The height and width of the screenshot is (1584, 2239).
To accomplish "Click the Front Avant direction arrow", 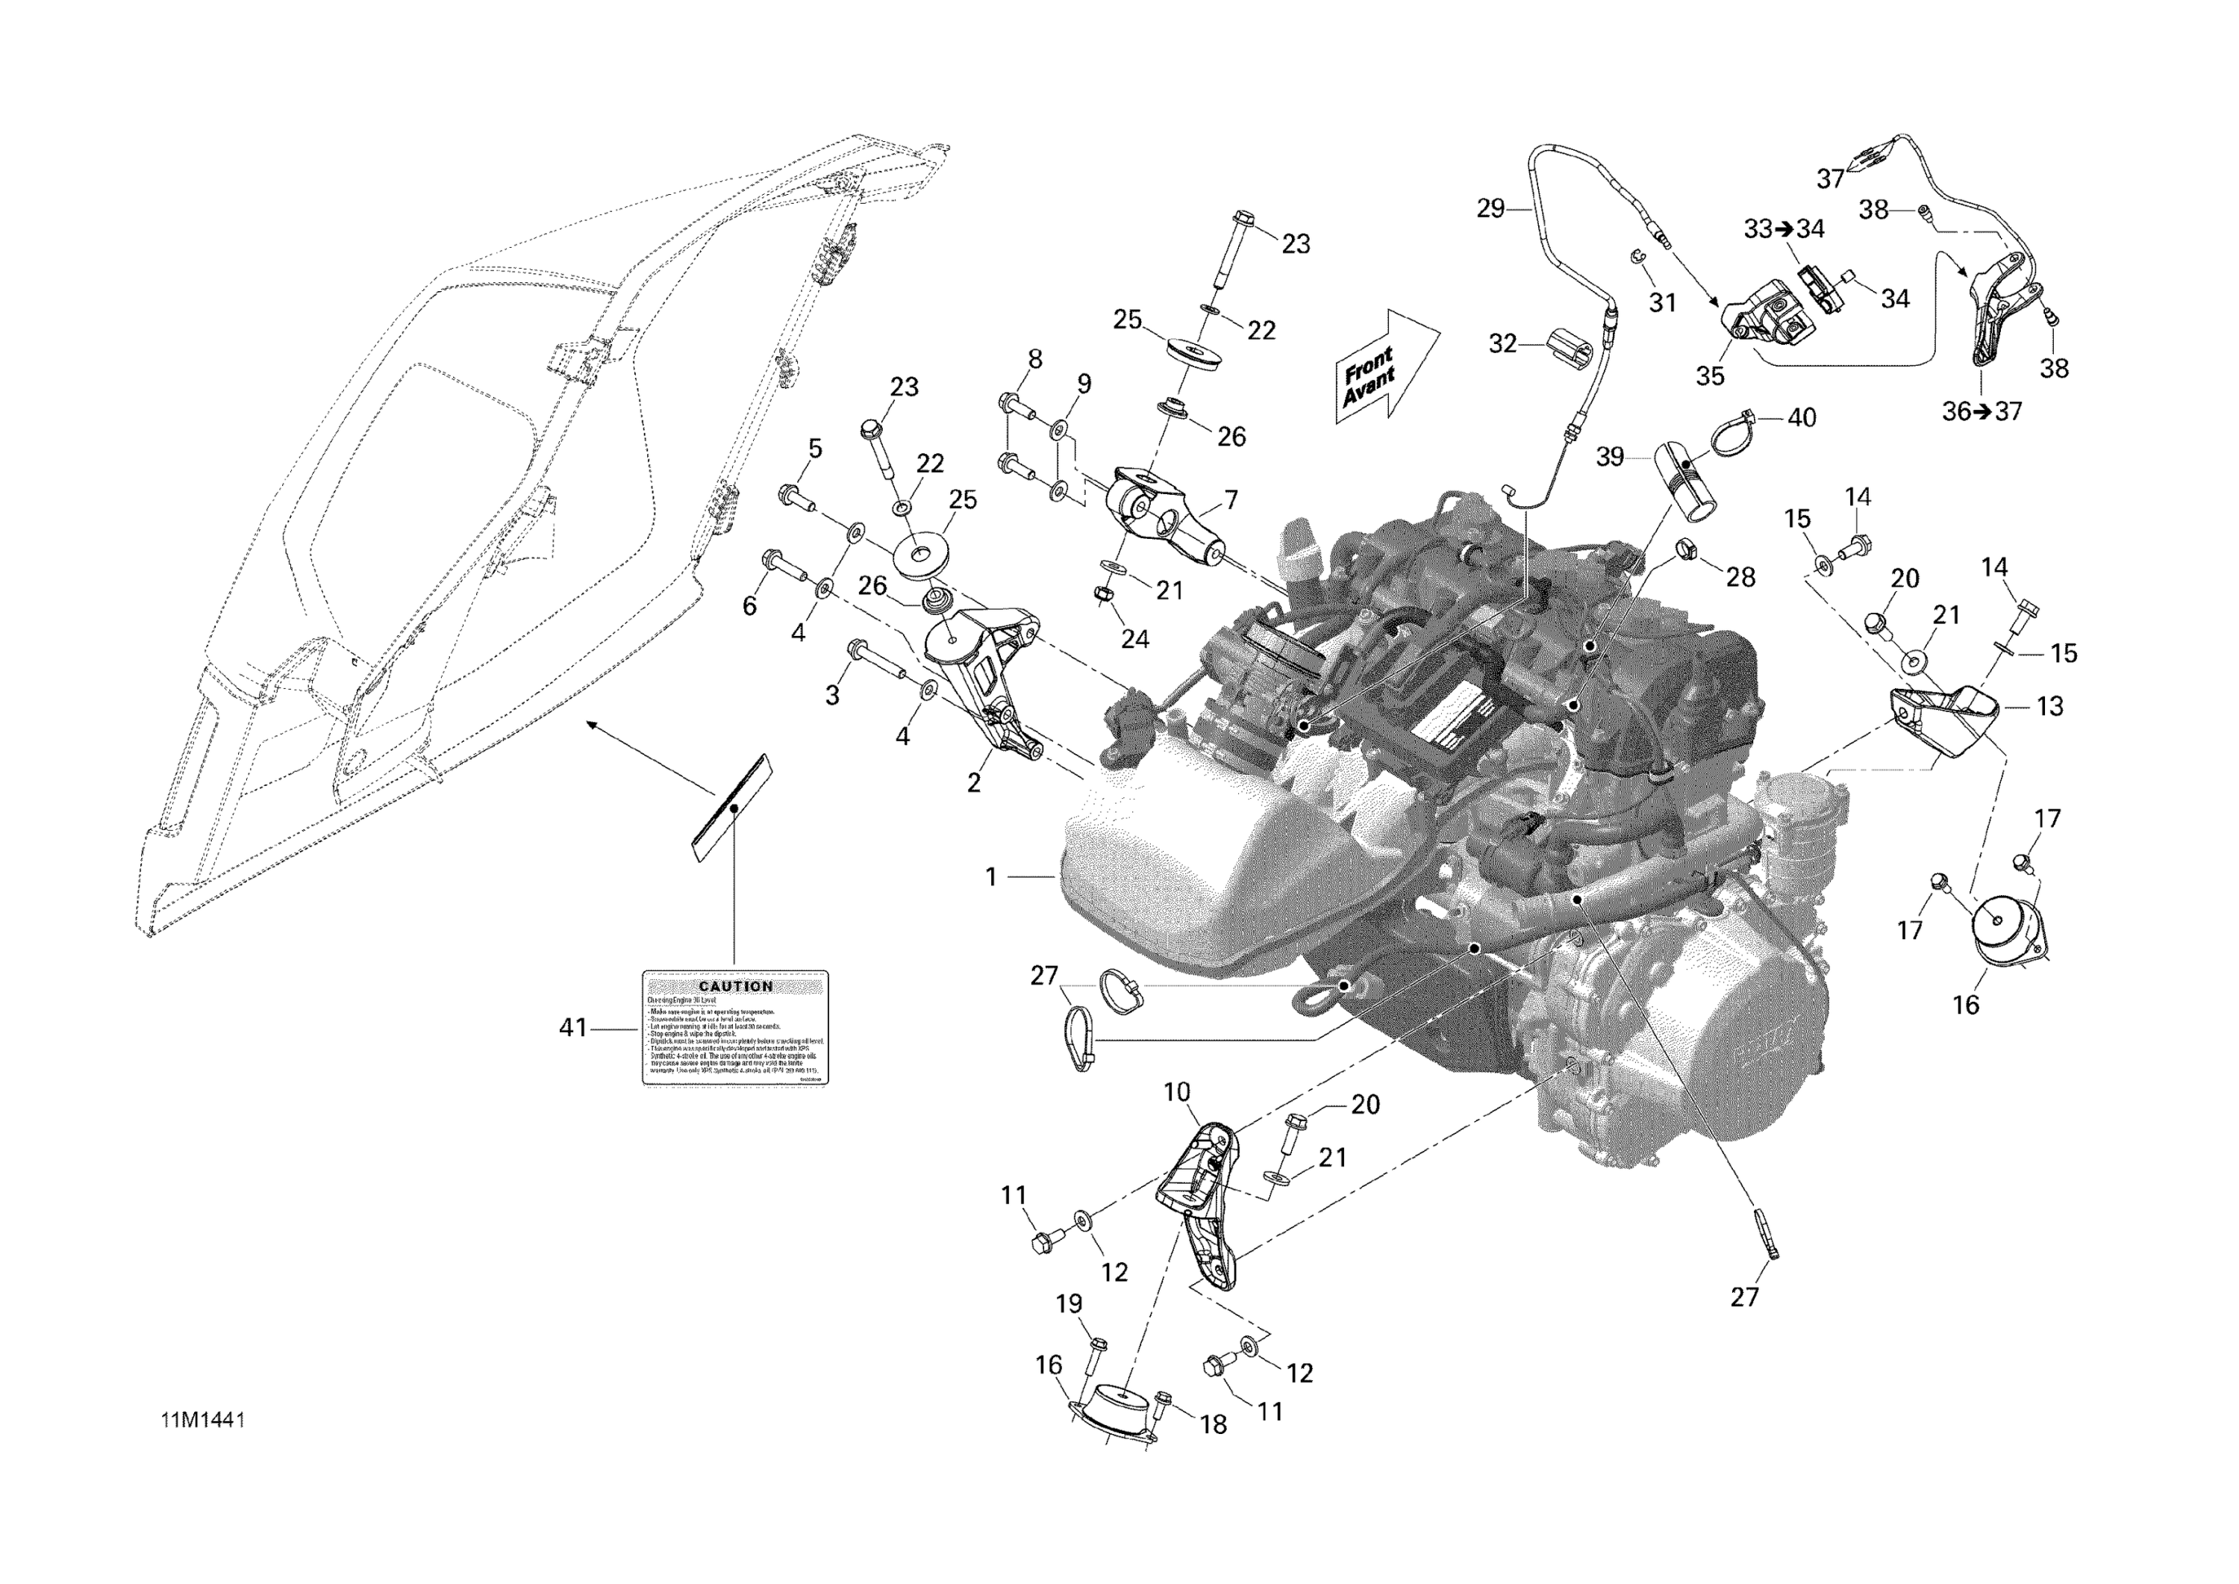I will (x=1386, y=369).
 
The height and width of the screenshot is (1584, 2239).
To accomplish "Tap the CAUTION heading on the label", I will (x=735, y=986).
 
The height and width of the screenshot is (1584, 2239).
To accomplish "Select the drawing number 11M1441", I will (x=203, y=1420).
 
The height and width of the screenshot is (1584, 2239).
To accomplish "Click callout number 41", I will (x=572, y=1027).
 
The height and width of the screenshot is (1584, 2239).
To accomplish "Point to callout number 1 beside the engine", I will (x=991, y=878).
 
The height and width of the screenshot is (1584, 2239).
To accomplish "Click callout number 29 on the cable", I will (x=1490, y=208).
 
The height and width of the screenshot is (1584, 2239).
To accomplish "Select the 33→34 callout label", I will (x=1784, y=229).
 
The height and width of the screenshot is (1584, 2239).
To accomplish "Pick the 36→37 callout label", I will (x=1982, y=411).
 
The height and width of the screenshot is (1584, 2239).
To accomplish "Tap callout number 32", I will (x=1503, y=343).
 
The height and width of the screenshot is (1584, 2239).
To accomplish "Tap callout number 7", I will (x=1231, y=500).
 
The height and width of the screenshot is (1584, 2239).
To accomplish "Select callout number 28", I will (x=1740, y=578).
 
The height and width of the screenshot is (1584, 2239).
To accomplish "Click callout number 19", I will (x=1069, y=1303).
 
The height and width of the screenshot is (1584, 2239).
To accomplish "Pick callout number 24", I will (x=1134, y=639).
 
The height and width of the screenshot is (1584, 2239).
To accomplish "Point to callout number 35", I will (x=1710, y=375).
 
